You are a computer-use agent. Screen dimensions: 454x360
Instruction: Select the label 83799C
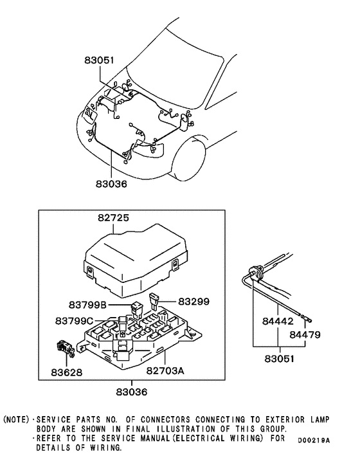pos(73,320)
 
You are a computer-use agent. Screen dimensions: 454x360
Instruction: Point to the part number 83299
pos(194,300)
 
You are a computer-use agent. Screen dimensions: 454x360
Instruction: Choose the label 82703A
pos(165,371)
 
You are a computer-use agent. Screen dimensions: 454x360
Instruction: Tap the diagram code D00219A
pos(312,440)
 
